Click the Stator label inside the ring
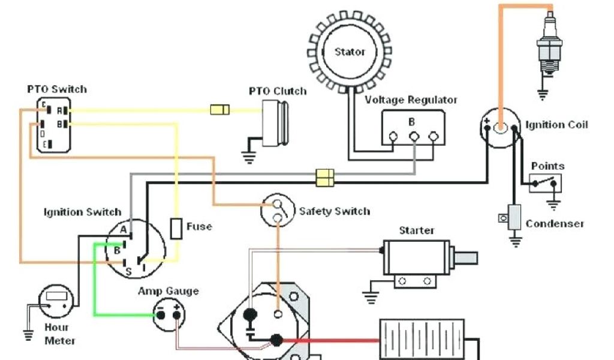pos(350,52)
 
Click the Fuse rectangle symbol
pos(176,229)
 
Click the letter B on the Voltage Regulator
pos(412,122)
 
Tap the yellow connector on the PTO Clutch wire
pos(219,110)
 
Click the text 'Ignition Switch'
pos(82,212)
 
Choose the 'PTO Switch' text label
pos(57,89)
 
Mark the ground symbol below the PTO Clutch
pos(248,157)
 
